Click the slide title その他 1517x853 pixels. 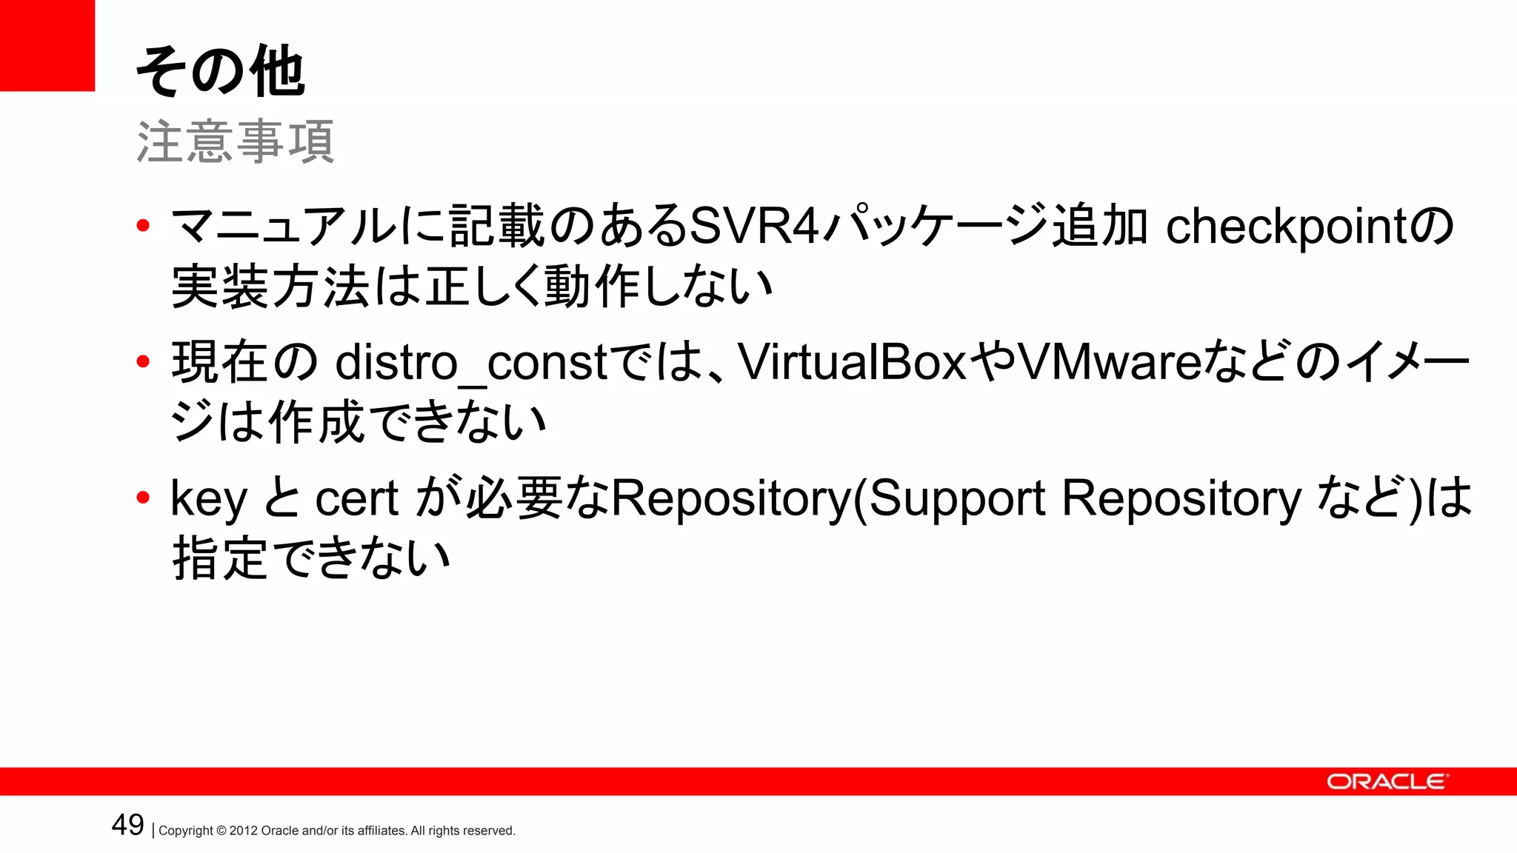(220, 72)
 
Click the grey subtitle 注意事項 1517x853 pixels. (235, 141)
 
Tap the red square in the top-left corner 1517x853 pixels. (47, 45)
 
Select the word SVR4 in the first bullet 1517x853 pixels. (754, 226)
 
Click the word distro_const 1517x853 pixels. (471, 364)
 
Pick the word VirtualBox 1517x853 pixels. (853, 362)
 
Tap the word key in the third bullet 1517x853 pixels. (208, 500)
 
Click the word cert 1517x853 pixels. (357, 498)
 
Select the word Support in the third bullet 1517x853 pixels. (956, 500)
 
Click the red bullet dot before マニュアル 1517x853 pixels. (144, 225)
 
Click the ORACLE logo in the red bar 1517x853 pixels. (1386, 782)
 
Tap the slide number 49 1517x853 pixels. (127, 825)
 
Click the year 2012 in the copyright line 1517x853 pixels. (243, 831)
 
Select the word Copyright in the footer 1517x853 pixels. (186, 831)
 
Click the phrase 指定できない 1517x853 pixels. (311, 559)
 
